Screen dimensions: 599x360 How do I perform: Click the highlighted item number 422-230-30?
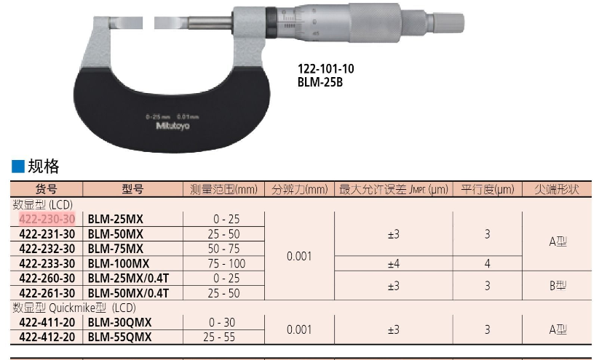coord(47,219)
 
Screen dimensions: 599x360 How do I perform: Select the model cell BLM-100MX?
coord(119,263)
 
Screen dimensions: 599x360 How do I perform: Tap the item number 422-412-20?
coord(47,337)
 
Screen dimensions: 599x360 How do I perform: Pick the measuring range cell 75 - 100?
coord(226,263)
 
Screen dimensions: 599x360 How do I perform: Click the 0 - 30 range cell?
coord(222,322)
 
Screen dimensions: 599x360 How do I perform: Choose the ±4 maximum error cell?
coord(394,264)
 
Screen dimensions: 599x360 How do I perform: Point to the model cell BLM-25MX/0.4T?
coord(128,279)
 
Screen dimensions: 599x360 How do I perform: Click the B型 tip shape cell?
coord(558,286)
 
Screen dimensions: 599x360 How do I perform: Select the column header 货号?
coord(47,189)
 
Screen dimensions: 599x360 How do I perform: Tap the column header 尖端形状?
coord(557,189)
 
